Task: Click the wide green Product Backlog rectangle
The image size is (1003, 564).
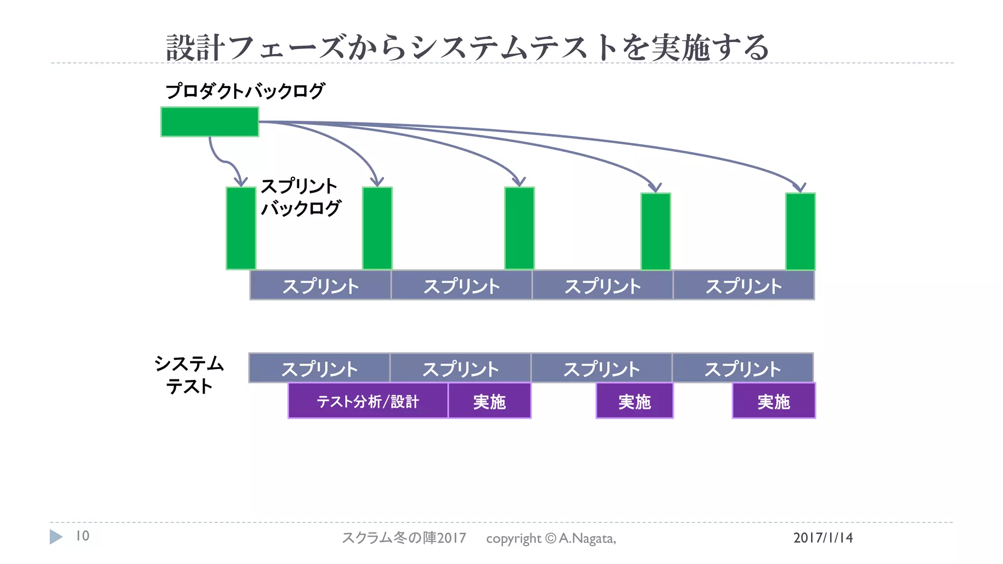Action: [210, 122]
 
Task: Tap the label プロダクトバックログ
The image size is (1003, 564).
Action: [245, 91]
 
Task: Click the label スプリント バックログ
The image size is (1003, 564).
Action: [300, 197]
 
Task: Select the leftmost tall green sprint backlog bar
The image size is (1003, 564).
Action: [241, 228]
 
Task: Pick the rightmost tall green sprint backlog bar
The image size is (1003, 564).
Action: [800, 231]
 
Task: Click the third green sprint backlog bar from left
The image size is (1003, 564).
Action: [519, 228]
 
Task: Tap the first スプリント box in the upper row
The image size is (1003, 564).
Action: [320, 285]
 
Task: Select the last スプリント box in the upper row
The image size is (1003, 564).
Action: [743, 285]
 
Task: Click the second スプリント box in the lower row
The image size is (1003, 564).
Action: [460, 368]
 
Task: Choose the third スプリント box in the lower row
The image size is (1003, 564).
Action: [601, 368]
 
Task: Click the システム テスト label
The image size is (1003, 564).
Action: [189, 375]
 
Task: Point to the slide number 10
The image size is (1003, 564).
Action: [82, 536]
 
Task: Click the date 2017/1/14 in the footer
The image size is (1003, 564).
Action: [823, 538]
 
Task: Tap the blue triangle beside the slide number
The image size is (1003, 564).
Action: [56, 537]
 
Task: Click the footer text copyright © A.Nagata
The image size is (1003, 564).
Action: [551, 539]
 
